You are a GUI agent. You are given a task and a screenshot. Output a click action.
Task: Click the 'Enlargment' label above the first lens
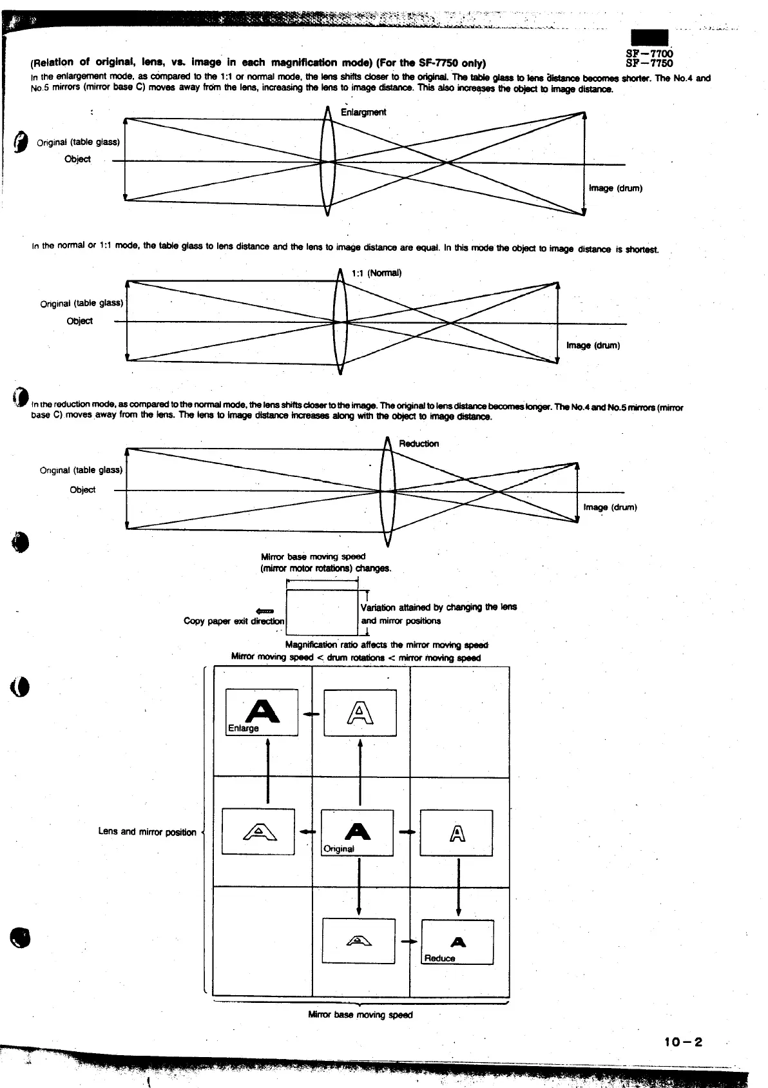[363, 112]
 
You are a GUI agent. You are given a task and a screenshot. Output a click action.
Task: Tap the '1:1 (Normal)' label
[377, 273]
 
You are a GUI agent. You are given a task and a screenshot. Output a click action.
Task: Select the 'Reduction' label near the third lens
[419, 443]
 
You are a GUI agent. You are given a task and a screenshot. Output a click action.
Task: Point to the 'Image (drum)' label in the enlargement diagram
[615, 188]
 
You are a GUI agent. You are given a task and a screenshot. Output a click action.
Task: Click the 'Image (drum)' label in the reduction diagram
[610, 507]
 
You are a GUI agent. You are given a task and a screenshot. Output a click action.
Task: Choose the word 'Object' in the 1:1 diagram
[80, 321]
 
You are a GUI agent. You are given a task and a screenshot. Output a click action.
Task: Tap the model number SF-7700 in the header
[649, 54]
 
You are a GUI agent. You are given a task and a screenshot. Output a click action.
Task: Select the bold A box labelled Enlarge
[262, 712]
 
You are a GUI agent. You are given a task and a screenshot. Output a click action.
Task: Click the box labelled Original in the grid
[357, 833]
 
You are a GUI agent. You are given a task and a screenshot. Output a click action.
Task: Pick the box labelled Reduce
[457, 942]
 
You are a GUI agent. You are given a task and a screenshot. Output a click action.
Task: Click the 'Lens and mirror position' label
[147, 831]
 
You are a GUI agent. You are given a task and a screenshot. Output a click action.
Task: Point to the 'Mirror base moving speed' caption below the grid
[360, 1015]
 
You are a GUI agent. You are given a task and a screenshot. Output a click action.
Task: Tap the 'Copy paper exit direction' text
[234, 621]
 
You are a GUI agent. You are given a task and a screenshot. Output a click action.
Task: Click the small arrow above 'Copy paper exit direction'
[265, 610]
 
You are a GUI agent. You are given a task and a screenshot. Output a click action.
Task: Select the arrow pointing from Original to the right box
[407, 832]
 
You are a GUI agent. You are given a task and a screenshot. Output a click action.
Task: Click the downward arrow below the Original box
[358, 886]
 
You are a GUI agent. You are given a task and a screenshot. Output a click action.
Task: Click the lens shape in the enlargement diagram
[327, 161]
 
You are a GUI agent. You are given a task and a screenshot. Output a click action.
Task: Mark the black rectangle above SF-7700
[649, 38]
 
